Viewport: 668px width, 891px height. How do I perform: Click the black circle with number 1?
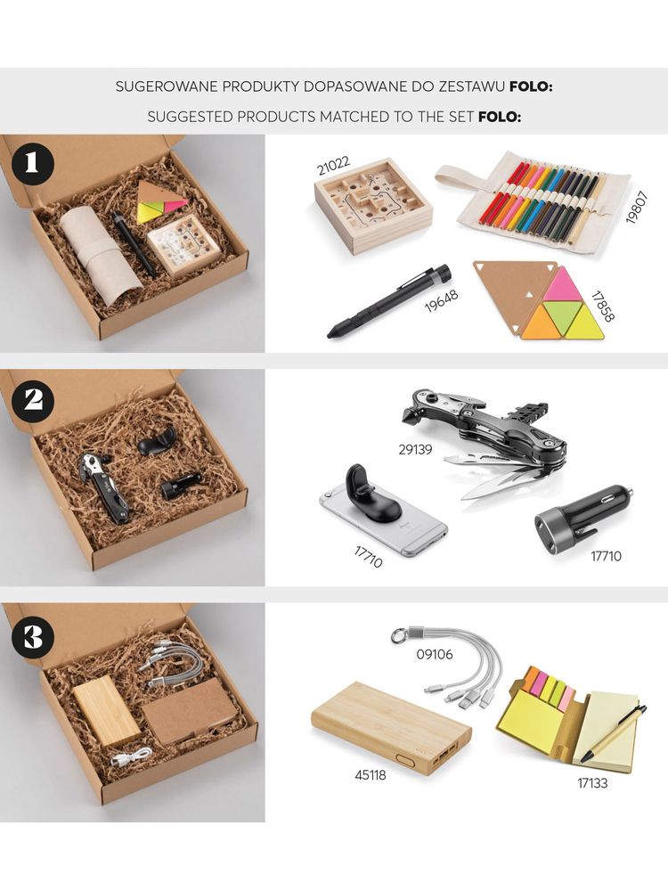coord(31,163)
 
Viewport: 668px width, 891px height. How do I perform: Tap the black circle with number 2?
coord(31,401)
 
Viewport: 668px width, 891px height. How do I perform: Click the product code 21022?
coord(334,164)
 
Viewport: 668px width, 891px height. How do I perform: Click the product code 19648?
coord(442,301)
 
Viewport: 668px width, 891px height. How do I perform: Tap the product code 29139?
coord(415,449)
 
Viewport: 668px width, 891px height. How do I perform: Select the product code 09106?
coord(435,655)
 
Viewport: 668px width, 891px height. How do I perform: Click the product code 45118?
coord(371,774)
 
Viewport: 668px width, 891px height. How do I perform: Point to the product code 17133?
coord(592,783)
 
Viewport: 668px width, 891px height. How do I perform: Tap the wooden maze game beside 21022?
coord(374,206)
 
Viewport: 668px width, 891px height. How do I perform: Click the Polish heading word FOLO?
coord(531,87)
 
